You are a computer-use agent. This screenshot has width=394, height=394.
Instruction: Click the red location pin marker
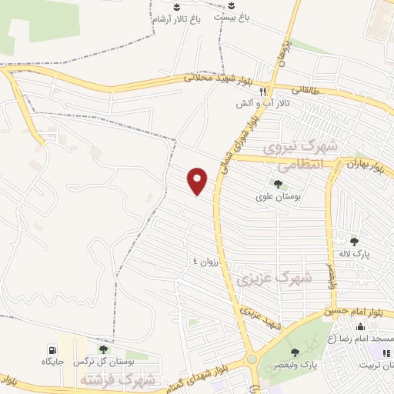coord(199,180)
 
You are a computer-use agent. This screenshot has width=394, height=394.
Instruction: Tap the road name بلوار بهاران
coord(362,163)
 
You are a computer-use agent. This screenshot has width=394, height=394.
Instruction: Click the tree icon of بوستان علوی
coord(277,184)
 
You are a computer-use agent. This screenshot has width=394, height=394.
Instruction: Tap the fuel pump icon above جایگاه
coord(52,349)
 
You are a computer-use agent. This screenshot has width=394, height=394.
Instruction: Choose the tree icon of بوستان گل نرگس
coord(103,349)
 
